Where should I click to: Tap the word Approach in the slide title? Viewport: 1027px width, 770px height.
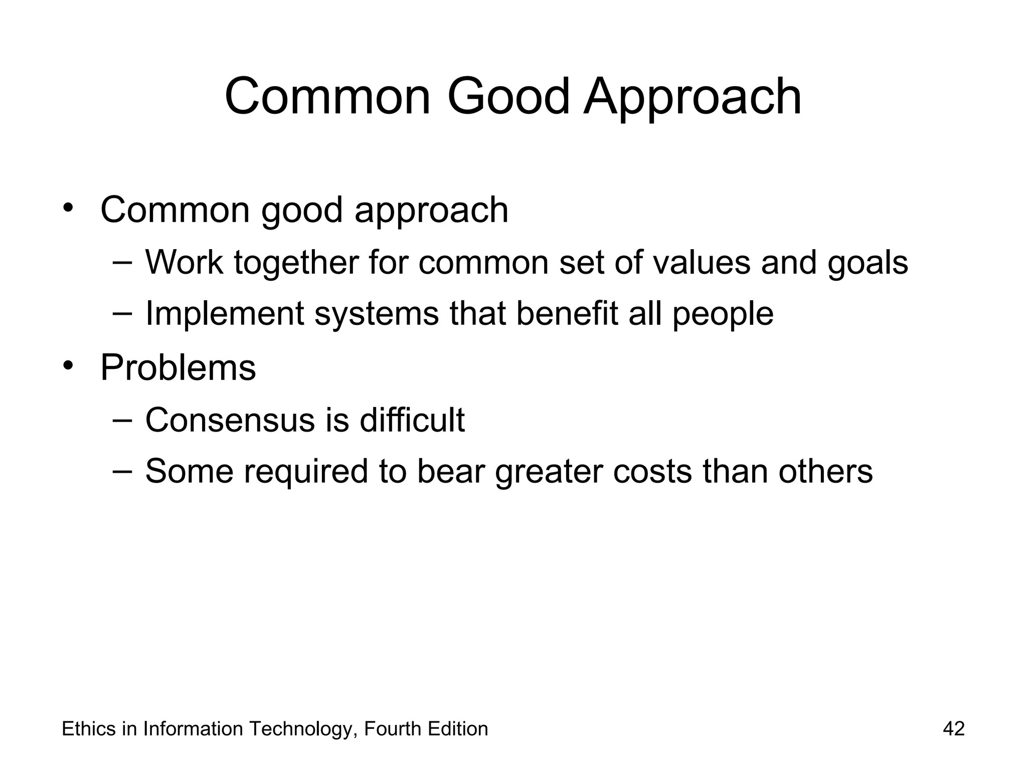click(693, 98)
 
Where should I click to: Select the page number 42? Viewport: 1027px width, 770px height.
click(953, 728)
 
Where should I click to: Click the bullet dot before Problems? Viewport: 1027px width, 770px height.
click(68, 365)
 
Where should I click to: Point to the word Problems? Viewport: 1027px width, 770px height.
click(178, 367)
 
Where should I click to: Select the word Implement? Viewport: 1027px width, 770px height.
click(225, 314)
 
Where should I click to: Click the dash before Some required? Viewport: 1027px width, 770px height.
click(122, 471)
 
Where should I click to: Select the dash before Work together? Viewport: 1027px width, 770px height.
click(122, 262)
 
